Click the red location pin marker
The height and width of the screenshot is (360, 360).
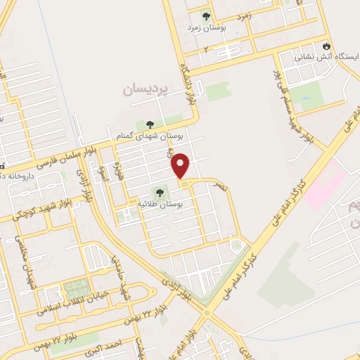point(181,165)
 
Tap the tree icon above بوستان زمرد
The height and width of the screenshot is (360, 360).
point(206,16)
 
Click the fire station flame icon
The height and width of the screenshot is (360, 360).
point(326,45)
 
